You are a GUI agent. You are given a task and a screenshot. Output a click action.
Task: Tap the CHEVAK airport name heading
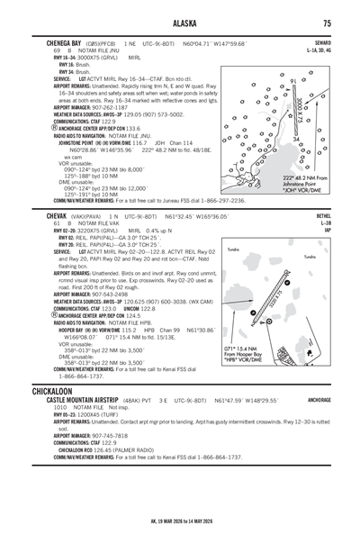coord(43,217)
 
